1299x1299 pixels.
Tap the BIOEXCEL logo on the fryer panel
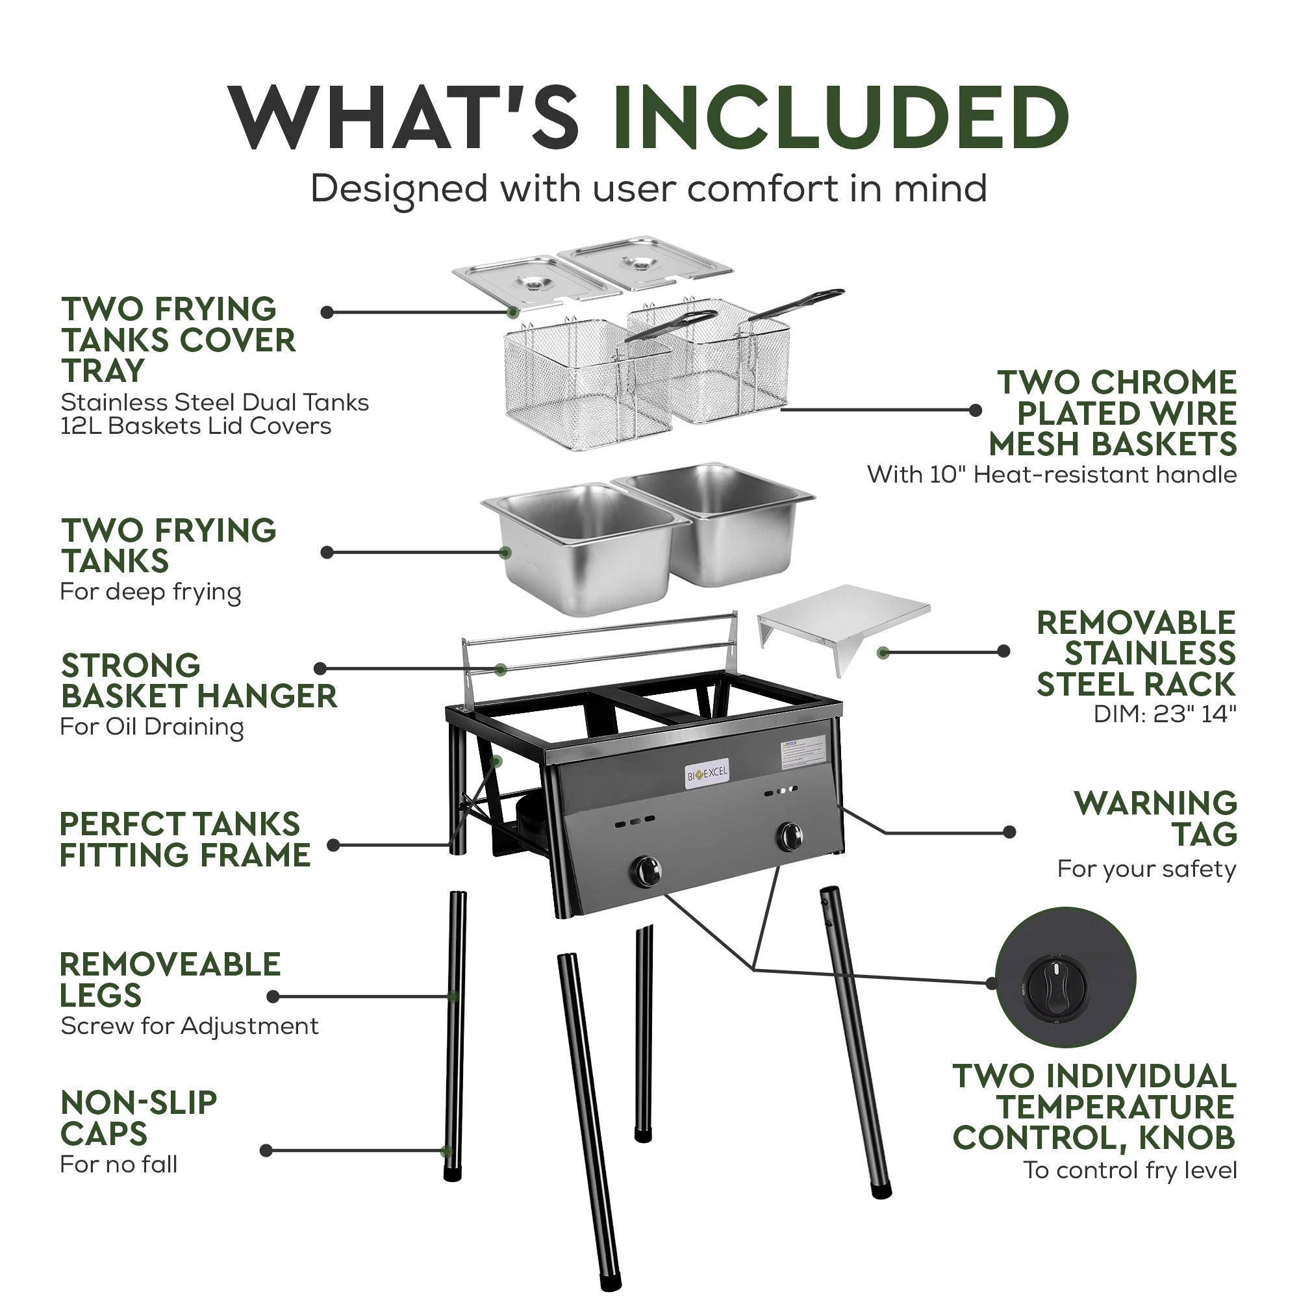point(707,774)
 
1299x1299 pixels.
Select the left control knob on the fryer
point(646,872)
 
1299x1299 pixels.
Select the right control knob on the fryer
point(790,837)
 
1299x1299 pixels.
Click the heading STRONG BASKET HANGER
point(198,681)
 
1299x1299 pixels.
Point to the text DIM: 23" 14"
point(1165,714)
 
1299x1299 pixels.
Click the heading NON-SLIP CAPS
point(138,1120)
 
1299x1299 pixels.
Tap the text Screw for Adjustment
point(189,1026)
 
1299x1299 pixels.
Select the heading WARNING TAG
point(1155,818)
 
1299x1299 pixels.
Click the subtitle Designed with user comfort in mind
point(648,188)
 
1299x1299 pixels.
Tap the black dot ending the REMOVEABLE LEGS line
point(273,996)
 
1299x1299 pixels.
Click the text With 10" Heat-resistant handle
point(1051,475)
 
